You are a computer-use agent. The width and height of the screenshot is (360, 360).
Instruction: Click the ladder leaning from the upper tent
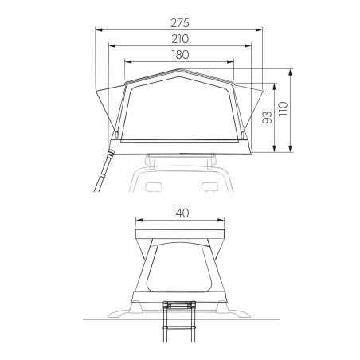pos(103,171)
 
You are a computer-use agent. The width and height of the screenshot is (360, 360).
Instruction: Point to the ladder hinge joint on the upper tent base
pos(111,149)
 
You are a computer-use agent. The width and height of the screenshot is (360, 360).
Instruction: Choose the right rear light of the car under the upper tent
pos(209,187)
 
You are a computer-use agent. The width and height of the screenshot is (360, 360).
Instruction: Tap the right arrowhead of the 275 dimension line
pos(261,29)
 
